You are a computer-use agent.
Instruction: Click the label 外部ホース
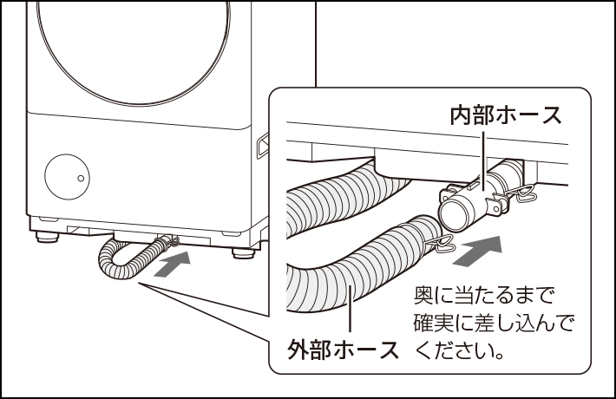[343, 351]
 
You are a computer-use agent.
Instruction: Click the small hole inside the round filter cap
[81, 178]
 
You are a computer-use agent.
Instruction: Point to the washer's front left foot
[46, 233]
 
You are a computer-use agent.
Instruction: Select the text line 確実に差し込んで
[494, 323]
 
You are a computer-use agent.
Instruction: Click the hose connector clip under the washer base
[167, 239]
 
